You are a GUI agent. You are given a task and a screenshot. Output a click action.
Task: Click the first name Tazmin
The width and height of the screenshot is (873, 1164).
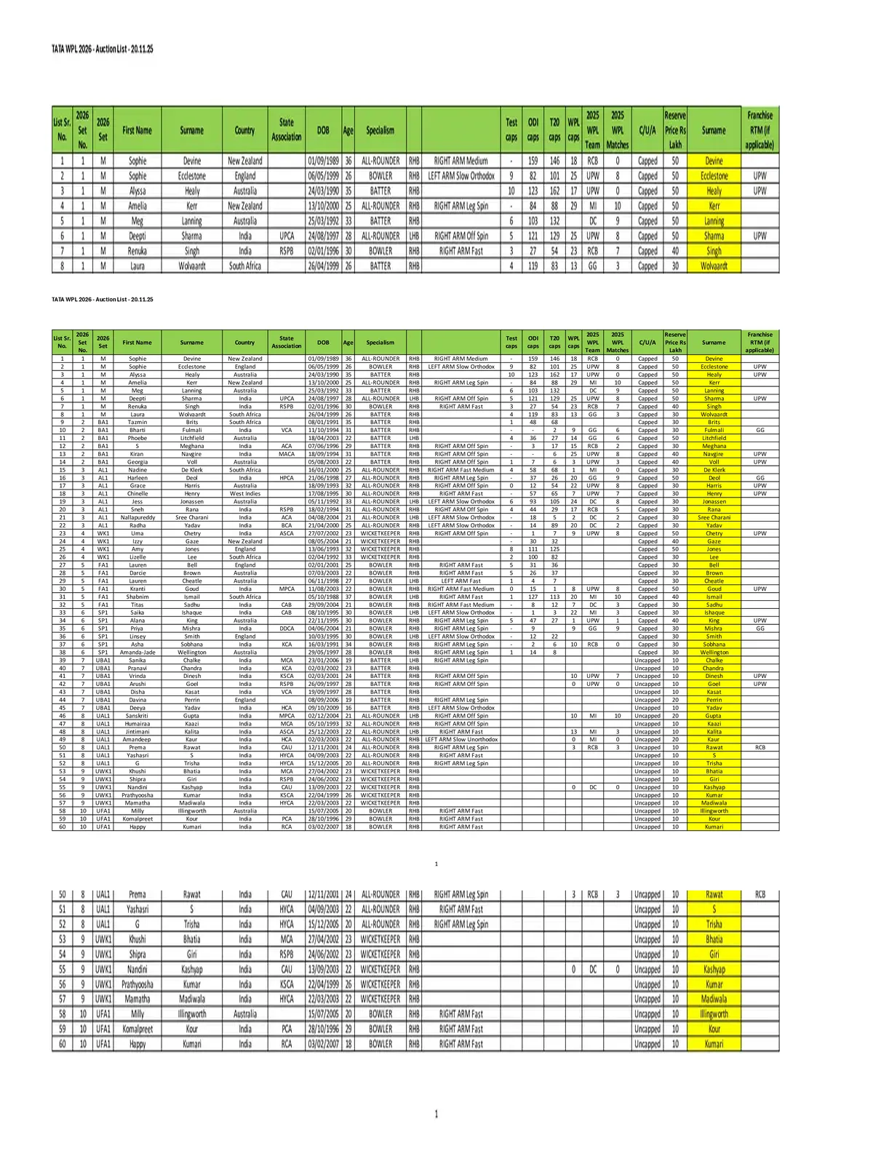tap(137, 422)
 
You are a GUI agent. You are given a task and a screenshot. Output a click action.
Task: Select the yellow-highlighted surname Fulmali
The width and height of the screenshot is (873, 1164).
tap(714, 430)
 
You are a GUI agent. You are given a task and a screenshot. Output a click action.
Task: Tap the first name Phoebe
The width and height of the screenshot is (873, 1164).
tap(137, 438)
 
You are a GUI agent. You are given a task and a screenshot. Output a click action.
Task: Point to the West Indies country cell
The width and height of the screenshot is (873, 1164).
tap(245, 493)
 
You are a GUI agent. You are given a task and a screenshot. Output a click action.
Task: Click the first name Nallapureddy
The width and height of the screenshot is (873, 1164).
tap(137, 517)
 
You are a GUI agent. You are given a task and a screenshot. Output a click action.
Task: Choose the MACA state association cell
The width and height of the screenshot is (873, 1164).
tap(287, 454)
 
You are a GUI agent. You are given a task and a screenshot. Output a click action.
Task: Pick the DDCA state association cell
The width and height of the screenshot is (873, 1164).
tap(287, 629)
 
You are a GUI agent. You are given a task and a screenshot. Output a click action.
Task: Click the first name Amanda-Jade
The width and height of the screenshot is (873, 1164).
tap(137, 653)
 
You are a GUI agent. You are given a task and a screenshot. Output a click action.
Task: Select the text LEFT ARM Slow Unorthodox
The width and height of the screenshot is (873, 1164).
tap(462, 739)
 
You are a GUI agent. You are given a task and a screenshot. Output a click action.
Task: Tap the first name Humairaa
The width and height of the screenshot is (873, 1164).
tap(137, 724)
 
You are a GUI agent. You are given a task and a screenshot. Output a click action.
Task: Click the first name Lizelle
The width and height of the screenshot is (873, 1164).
tap(137, 557)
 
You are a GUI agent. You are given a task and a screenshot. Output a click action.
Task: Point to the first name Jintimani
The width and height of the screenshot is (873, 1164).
tap(137, 732)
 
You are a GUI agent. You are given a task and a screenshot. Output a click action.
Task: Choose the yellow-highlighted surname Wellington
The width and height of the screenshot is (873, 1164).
tap(714, 653)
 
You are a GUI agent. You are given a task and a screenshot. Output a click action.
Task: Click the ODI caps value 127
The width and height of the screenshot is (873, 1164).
tap(533, 597)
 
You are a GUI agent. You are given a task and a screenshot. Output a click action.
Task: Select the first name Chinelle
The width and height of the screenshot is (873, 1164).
tap(137, 493)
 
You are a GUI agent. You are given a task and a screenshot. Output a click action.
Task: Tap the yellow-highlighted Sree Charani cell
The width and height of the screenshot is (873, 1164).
tap(714, 517)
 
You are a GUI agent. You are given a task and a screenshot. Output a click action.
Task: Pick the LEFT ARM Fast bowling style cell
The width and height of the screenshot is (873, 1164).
tap(461, 581)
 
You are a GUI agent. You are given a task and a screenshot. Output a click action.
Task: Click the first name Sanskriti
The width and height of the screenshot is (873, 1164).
tap(137, 716)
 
